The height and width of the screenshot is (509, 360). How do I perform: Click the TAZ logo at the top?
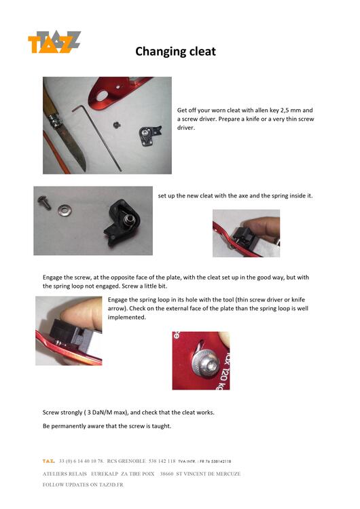point(54,42)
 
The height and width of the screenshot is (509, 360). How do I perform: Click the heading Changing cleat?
point(175,52)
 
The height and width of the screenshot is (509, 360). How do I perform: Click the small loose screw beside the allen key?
point(117,124)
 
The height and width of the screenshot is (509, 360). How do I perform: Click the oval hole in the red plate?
point(103,96)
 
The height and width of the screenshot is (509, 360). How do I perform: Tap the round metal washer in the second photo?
point(65,210)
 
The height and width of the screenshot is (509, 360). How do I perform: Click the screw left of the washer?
point(44,202)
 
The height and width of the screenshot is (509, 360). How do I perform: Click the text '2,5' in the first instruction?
point(285,111)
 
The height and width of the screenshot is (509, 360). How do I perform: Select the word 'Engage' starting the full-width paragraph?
point(52,278)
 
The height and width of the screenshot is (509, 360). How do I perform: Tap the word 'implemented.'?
point(127,318)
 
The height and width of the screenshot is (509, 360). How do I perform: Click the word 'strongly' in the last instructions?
point(71,413)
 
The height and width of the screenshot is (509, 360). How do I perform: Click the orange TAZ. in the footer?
point(48,461)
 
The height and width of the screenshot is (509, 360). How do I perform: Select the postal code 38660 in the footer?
point(166,474)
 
